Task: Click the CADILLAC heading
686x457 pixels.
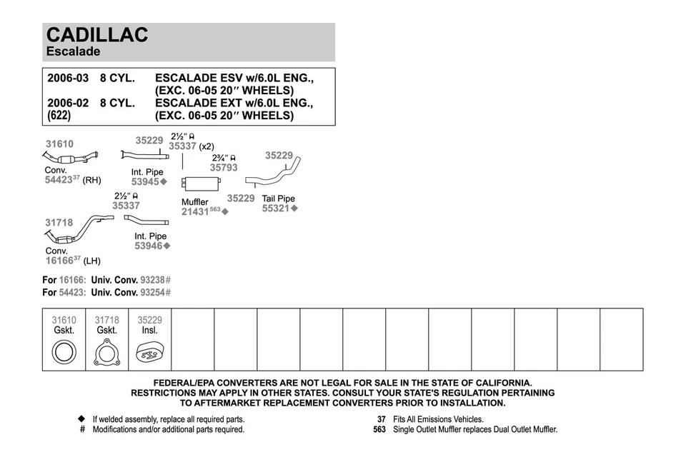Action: (97, 35)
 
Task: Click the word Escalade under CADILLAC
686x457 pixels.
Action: (74, 51)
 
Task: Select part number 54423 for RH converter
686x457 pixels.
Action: (58, 180)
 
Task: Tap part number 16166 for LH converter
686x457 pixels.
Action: (59, 261)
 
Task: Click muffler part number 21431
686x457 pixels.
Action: (194, 211)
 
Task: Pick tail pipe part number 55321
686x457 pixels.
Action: (275, 209)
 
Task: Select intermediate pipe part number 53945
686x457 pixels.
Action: (145, 181)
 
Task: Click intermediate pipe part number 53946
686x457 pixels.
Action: (149, 246)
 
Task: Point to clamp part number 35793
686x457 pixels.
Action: (224, 168)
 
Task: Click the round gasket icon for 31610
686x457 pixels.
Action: (64, 352)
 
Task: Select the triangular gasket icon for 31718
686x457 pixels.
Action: (107, 353)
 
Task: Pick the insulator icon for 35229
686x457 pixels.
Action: (150, 353)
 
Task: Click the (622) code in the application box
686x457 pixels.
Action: (59, 115)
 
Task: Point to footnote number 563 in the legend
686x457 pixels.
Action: (379, 430)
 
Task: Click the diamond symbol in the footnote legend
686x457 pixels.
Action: (81, 419)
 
